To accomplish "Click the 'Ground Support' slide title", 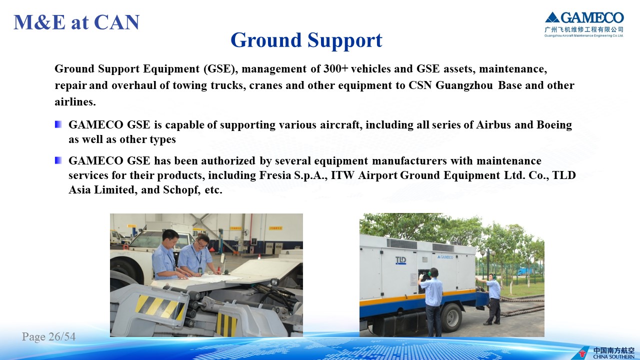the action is pyautogui.click(x=306, y=40).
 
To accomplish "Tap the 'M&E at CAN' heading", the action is pyautogui.click(x=76, y=22).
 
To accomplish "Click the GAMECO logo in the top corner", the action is pyautogui.click(x=584, y=24).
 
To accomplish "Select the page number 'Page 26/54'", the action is pyautogui.click(x=49, y=336).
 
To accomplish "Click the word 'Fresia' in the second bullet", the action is pyautogui.click(x=275, y=175).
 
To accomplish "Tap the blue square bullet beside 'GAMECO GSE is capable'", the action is pyautogui.click(x=58, y=124).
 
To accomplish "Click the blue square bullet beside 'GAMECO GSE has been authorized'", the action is pyautogui.click(x=58, y=160).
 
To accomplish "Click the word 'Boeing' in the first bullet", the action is pyautogui.click(x=554, y=125).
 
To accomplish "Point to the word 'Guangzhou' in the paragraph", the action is pyautogui.click(x=464, y=85).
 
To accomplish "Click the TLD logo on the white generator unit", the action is pyautogui.click(x=400, y=260).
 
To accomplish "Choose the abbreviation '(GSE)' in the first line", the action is pyautogui.click(x=220, y=69).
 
